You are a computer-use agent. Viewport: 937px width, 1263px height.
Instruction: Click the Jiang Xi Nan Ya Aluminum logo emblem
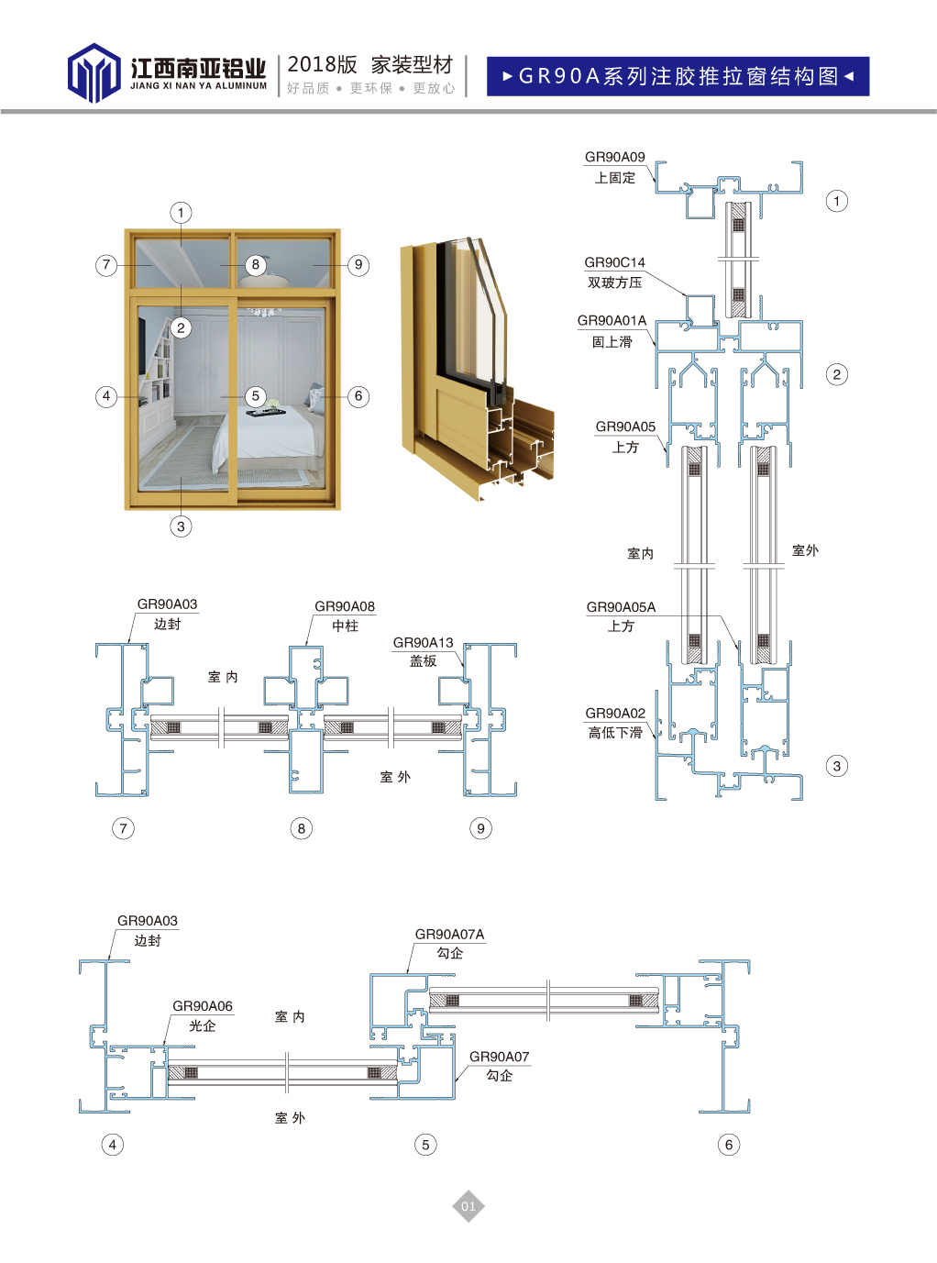[94, 72]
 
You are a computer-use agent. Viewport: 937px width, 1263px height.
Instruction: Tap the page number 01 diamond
[468, 1206]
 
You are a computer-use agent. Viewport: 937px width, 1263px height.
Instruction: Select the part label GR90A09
[614, 157]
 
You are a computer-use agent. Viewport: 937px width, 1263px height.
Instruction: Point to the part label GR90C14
[614, 262]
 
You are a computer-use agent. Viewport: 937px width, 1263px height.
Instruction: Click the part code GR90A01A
[612, 320]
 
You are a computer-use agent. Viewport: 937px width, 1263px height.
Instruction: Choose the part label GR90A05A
[621, 607]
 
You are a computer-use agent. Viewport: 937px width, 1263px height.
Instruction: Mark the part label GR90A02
[615, 713]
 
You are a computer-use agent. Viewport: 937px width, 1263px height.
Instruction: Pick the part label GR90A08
[345, 606]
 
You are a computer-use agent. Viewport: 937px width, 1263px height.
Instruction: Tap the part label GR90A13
[423, 642]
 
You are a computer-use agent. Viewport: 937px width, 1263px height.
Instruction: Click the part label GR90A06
[203, 1006]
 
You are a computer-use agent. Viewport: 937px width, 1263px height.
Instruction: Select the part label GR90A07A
[449, 934]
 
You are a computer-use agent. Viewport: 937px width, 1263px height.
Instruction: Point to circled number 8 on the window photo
[256, 265]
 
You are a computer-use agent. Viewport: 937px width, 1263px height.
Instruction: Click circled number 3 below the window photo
[181, 526]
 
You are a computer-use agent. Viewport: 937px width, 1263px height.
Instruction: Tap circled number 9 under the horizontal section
[480, 828]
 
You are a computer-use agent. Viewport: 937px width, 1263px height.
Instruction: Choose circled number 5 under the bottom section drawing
[425, 1145]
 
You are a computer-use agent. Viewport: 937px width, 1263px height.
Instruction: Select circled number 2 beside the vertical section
[836, 374]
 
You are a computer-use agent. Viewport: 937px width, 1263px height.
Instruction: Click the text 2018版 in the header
[322, 64]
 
